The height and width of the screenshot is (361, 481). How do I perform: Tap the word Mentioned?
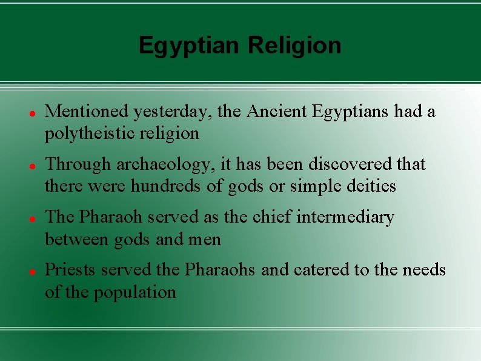point(87,112)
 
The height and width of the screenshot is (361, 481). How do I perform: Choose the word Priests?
point(70,270)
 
